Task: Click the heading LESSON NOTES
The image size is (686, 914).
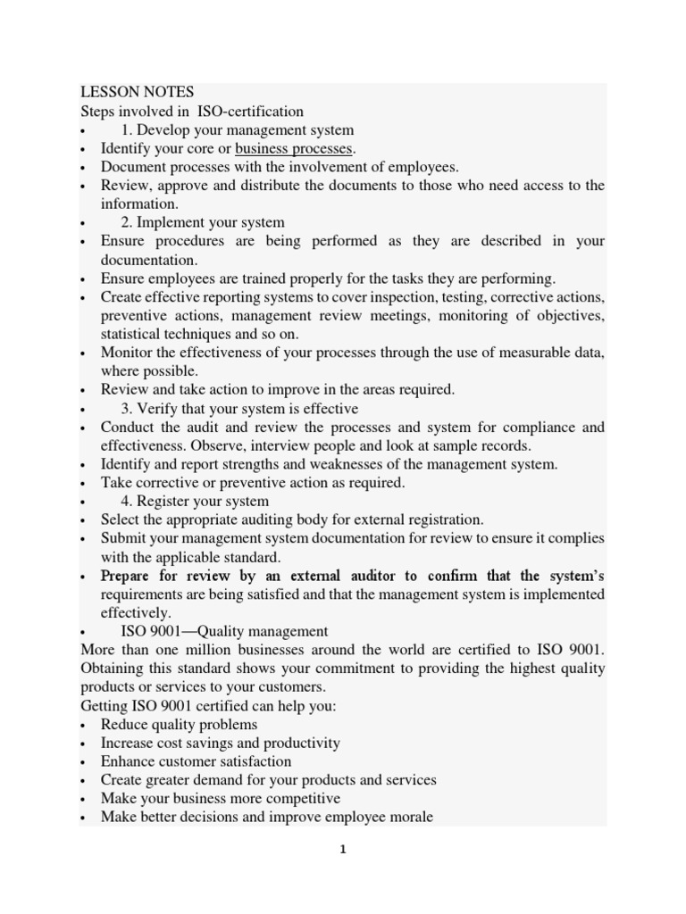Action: [137, 93]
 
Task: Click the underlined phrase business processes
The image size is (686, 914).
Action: [294, 148]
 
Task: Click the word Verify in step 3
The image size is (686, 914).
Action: [156, 409]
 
